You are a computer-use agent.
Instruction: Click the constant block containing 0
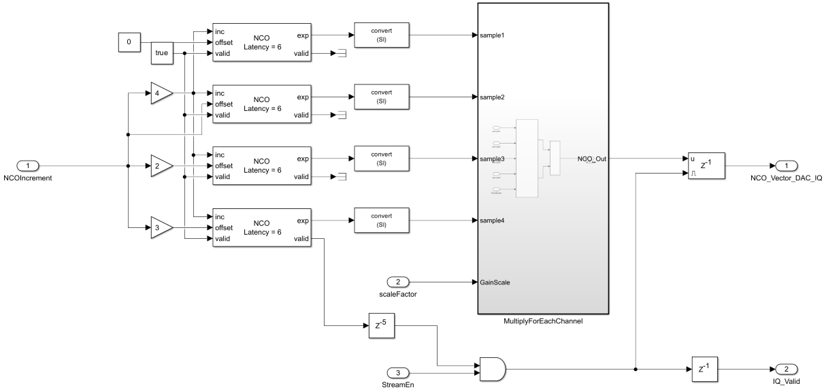tap(129, 42)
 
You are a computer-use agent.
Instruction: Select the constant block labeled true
tap(162, 53)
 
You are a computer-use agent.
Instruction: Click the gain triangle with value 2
tap(161, 165)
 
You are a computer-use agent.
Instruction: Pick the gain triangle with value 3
tap(161, 227)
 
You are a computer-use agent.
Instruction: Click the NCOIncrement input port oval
tap(28, 165)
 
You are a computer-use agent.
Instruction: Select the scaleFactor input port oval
tap(398, 281)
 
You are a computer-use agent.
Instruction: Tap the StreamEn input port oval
tap(398, 372)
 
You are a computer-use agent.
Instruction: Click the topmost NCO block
tap(262, 42)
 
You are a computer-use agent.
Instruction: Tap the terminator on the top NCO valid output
tap(342, 54)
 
